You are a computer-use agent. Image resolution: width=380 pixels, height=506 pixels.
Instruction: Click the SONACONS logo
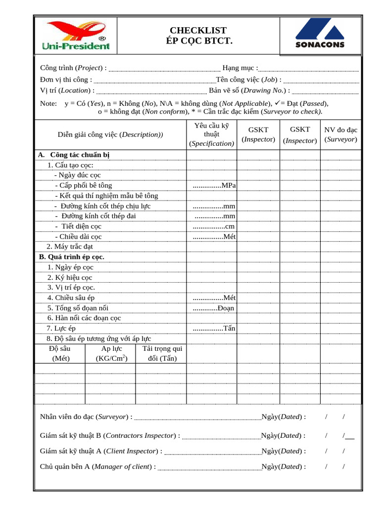[x=320, y=35]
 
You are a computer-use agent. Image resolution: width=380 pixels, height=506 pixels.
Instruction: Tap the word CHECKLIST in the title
[x=198, y=31]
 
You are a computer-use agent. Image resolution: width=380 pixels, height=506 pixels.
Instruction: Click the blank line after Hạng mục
[x=309, y=69]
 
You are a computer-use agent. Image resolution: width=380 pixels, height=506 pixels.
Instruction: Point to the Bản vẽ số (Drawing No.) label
[x=249, y=90]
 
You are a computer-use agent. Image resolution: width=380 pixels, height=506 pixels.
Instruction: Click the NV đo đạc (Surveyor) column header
[x=340, y=134]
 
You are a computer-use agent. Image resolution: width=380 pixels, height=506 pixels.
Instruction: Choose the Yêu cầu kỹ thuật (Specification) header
[x=211, y=134]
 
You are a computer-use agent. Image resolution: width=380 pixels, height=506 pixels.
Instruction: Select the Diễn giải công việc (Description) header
[x=110, y=134]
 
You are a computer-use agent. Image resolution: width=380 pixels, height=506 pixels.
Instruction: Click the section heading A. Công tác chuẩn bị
[x=74, y=155]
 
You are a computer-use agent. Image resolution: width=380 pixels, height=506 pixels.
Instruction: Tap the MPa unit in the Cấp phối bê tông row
[x=229, y=185]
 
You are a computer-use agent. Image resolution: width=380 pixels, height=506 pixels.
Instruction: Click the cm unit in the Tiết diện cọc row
[x=230, y=226]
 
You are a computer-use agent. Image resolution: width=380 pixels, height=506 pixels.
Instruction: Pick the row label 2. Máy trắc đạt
[x=70, y=247]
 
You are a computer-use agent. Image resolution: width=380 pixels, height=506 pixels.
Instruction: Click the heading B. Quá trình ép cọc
[x=72, y=257]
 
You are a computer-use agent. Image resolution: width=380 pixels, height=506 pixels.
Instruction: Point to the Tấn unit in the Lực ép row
[x=229, y=329]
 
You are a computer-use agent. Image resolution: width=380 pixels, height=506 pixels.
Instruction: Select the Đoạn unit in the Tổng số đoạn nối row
[x=226, y=308]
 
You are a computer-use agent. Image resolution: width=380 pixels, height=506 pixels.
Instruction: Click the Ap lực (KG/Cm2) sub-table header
[x=111, y=353]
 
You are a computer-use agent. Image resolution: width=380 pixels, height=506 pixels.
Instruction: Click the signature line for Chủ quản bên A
[x=209, y=467]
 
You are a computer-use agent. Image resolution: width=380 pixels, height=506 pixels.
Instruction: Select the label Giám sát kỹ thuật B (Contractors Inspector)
[x=110, y=435]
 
